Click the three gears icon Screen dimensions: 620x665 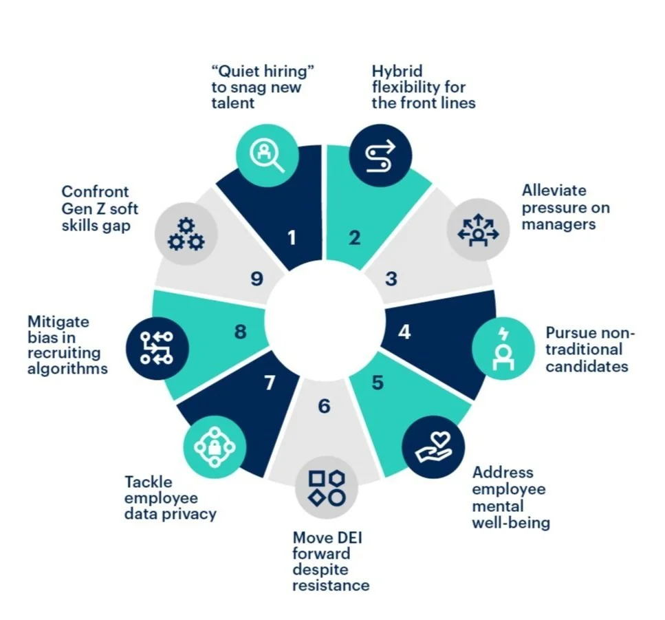pyautogui.click(x=186, y=233)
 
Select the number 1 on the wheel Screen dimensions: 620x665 pyautogui.click(x=292, y=238)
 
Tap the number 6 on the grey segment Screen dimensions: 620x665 pyautogui.click(x=324, y=407)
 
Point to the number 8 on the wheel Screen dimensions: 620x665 pyautogui.click(x=240, y=332)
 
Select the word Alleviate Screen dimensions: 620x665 pyautogui.click(x=554, y=191)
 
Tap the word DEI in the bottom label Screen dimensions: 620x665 pyautogui.click(x=347, y=537)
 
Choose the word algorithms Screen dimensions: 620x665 pyautogui.click(x=68, y=369)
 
